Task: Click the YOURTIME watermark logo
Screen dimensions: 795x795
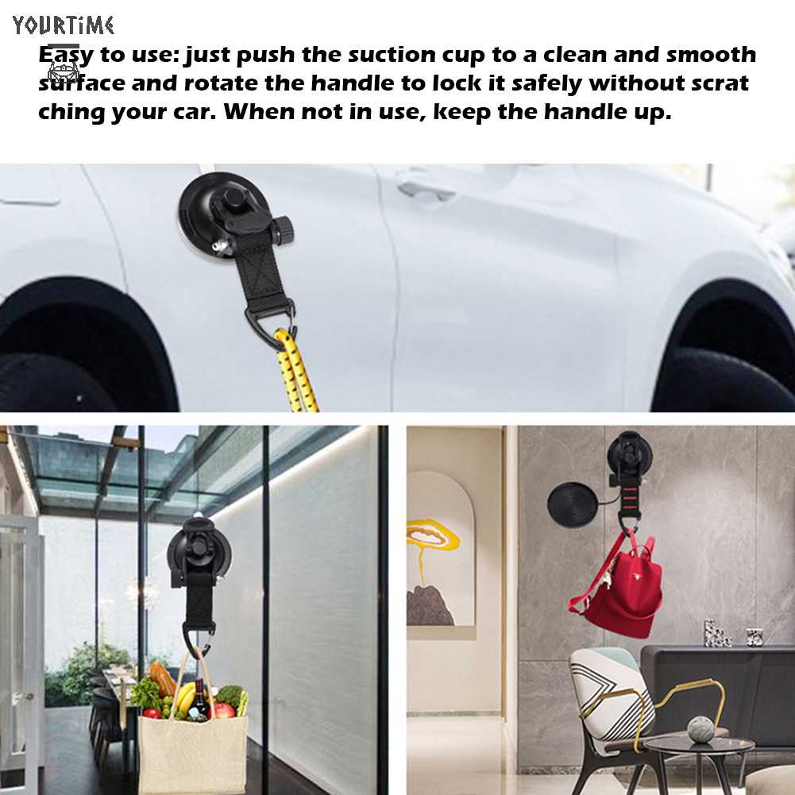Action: coord(64,25)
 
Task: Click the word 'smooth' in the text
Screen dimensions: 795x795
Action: coord(710,55)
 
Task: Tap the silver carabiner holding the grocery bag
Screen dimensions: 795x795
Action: coord(197,635)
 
